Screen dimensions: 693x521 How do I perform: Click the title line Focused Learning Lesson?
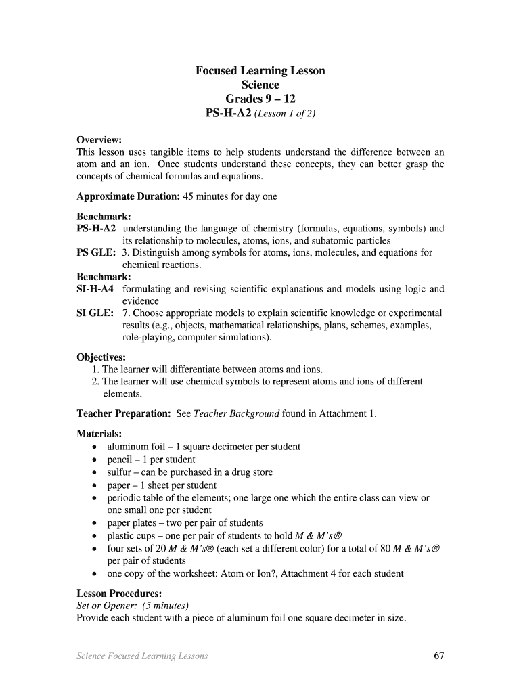(260, 71)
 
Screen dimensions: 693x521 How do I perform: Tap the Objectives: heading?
(101, 357)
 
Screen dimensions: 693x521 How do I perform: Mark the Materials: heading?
(99, 434)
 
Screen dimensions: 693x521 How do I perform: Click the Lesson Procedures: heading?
(118, 594)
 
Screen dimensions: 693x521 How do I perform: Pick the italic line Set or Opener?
(133, 606)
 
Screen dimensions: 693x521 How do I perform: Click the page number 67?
(438, 656)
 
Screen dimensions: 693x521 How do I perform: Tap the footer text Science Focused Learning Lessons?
(142, 656)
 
